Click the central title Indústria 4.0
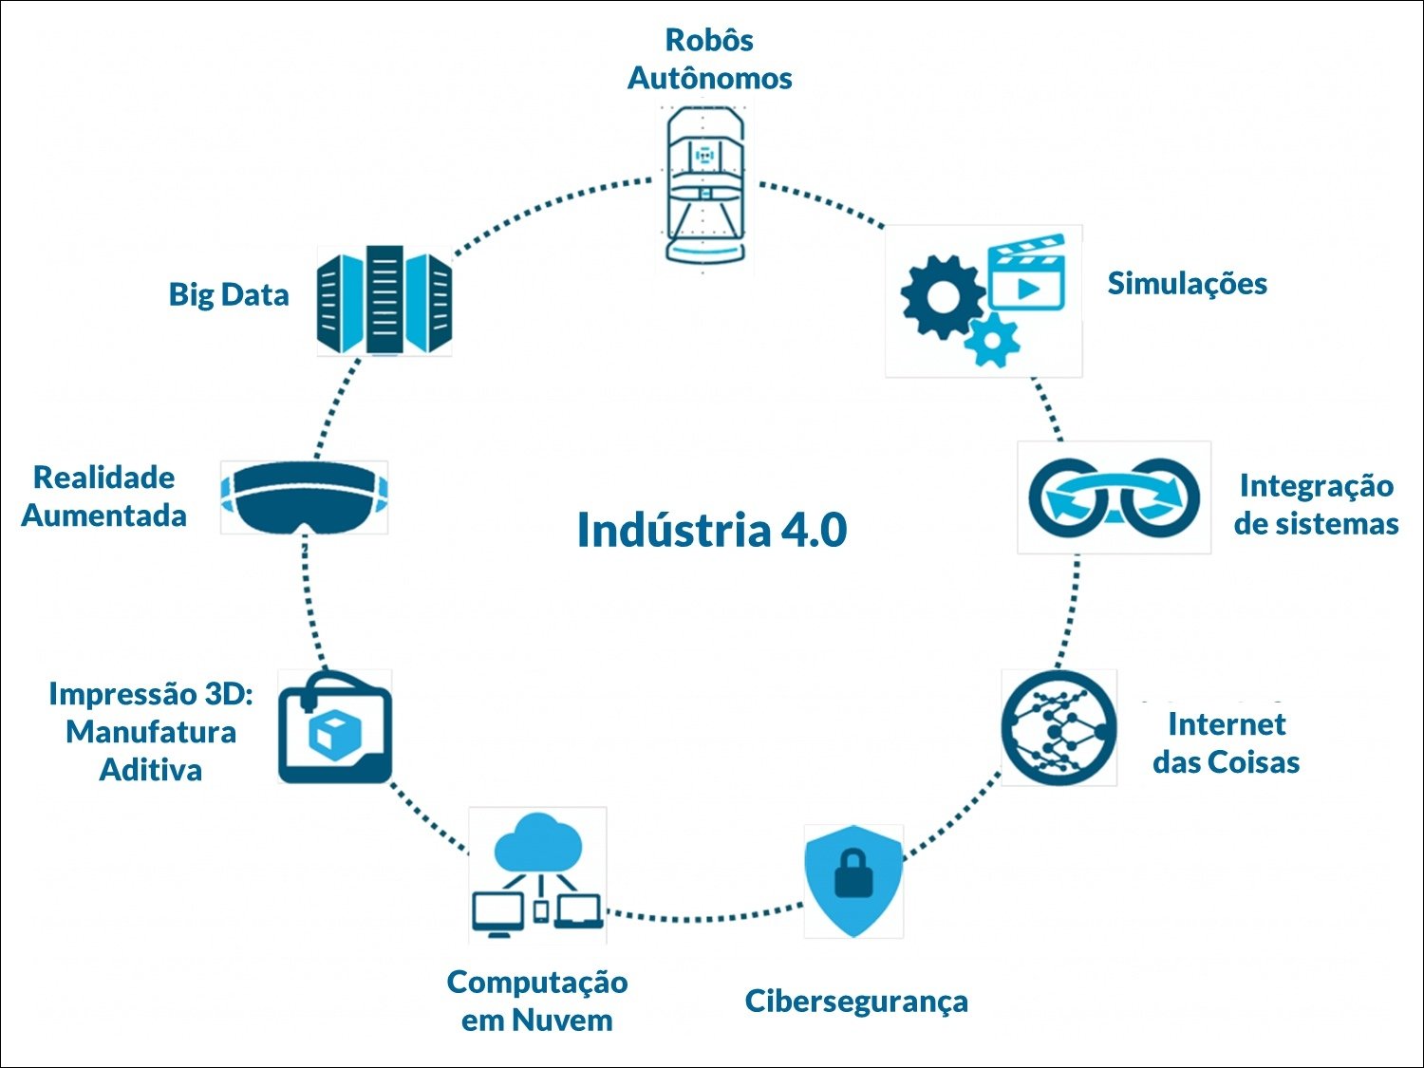point(712,530)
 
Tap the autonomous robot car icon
point(703,185)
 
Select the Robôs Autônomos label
point(709,59)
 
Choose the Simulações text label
point(1187,283)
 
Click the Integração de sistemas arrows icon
point(1114,497)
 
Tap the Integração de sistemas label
point(1316,504)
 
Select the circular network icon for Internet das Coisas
point(1059,727)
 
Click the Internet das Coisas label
point(1226,742)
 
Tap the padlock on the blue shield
point(853,873)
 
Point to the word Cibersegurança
point(856,1001)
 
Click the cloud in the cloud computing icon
point(539,843)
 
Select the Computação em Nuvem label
point(537,1001)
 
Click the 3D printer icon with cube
point(334,728)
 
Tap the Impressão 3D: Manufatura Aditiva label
point(151,731)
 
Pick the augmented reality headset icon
point(304,497)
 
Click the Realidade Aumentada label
point(103,496)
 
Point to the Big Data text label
point(229,294)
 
